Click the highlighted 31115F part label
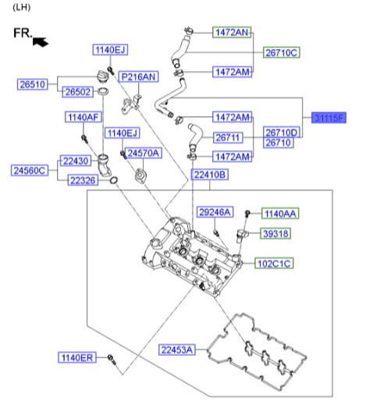(x=329, y=118)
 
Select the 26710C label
(x=281, y=52)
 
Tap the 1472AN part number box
(x=232, y=32)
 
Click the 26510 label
(x=33, y=84)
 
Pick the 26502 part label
(x=78, y=92)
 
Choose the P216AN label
(x=138, y=76)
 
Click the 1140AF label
(x=83, y=117)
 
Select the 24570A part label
(x=144, y=153)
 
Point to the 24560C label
(x=30, y=170)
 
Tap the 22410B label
(x=209, y=175)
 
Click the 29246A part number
(x=215, y=211)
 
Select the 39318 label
(x=275, y=233)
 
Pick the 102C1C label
(x=274, y=264)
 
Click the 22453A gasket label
(x=177, y=349)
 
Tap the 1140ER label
(x=77, y=357)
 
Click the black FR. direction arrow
(x=41, y=42)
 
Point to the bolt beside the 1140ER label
(x=112, y=360)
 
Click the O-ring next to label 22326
(x=114, y=180)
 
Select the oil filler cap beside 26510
(x=103, y=76)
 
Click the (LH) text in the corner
(x=21, y=8)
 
